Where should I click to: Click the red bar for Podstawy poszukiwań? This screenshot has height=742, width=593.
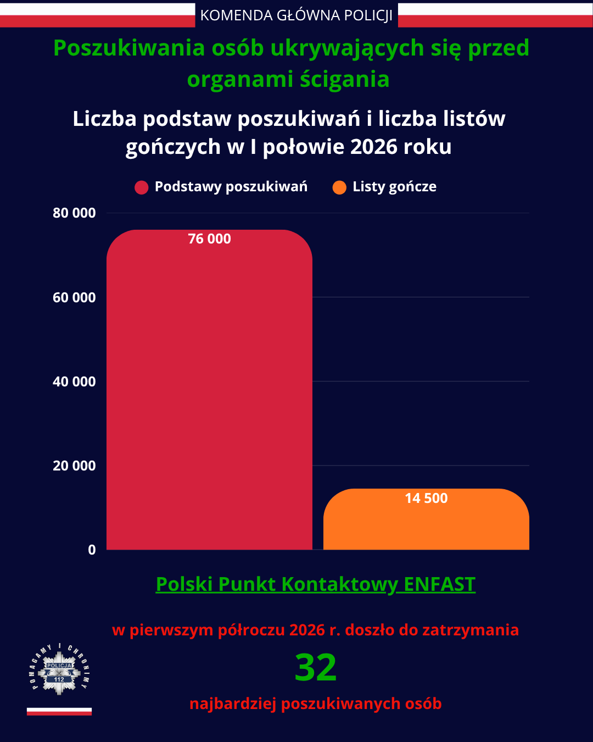tap(209, 390)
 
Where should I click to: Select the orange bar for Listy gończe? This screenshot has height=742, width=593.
tap(426, 519)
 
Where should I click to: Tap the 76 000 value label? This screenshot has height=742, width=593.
tap(209, 239)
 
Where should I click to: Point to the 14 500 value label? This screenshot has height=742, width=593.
tap(426, 498)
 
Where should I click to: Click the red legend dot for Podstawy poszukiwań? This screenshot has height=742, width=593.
tap(141, 187)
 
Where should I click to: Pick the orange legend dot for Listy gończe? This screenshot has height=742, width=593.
tap(339, 187)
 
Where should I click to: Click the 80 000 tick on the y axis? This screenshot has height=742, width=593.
tap(74, 213)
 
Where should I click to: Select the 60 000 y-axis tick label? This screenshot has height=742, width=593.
tap(74, 297)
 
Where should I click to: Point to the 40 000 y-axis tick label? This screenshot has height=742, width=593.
tap(74, 381)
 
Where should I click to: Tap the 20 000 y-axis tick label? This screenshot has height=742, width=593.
tap(74, 466)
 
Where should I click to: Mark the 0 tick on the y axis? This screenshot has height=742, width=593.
tap(92, 550)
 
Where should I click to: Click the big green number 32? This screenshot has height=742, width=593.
tap(316, 667)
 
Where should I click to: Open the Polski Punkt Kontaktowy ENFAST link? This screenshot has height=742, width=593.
tap(316, 584)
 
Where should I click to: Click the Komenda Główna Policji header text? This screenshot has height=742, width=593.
tap(296, 15)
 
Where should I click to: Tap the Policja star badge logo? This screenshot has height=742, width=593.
tap(59, 669)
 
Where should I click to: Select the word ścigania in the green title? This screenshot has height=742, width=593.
tap(345, 79)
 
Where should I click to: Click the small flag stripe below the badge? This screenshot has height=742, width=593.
tap(59, 711)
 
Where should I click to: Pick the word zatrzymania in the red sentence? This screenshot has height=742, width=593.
tap(471, 630)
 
